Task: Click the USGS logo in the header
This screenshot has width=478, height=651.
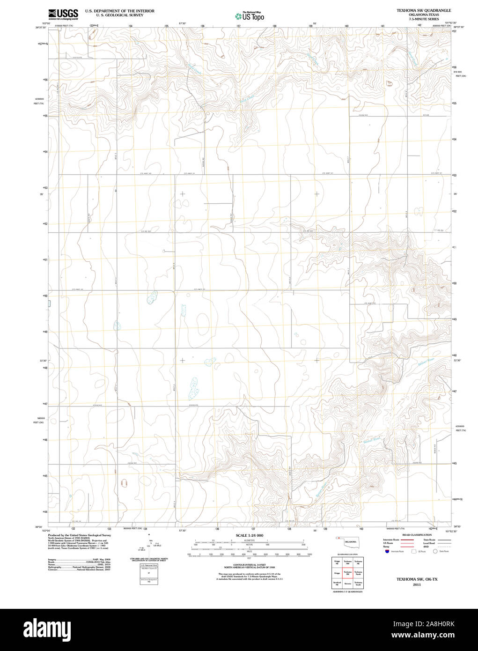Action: click(63, 14)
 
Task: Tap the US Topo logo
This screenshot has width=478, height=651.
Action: click(250, 16)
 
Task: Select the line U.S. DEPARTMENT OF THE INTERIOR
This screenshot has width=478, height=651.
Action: click(119, 10)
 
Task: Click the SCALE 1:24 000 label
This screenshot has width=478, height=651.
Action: click(250, 535)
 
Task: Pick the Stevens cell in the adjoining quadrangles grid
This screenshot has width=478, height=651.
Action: click(347, 584)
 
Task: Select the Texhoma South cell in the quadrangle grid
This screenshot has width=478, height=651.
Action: click(358, 584)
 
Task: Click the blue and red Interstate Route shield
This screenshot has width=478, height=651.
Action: click(387, 551)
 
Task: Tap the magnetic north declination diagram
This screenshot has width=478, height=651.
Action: click(149, 543)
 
